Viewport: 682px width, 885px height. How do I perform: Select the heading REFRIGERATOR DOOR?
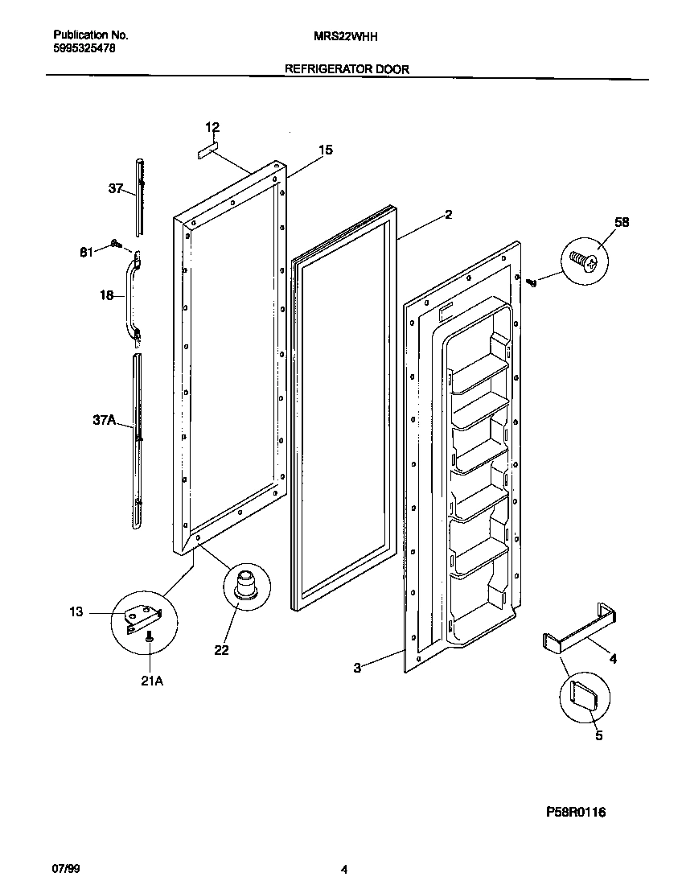pos(347,69)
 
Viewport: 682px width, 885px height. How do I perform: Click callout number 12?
pos(212,127)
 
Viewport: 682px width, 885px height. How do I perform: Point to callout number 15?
pos(325,150)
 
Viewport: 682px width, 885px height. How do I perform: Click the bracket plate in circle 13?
pos(146,616)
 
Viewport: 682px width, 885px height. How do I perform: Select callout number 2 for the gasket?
pos(448,215)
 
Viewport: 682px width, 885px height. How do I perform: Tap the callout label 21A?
pos(152,681)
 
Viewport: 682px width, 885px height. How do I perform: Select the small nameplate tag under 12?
pos(209,147)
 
